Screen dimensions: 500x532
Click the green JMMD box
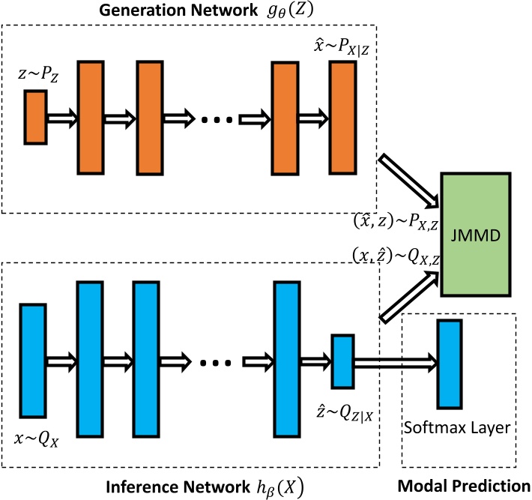point(477,234)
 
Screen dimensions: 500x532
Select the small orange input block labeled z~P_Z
point(36,116)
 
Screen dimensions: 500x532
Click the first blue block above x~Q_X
point(34,361)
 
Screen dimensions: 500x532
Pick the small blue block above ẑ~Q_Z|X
point(342,361)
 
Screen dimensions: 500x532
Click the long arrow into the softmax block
point(395,363)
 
